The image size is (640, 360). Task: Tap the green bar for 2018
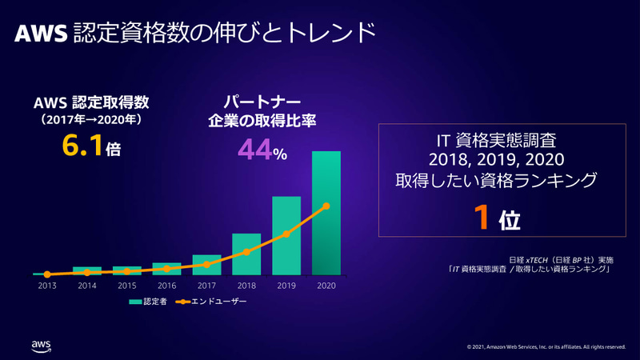(246, 254)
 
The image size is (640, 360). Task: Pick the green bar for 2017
(206, 265)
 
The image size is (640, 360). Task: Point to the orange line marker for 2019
(286, 234)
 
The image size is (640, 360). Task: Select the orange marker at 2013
(47, 274)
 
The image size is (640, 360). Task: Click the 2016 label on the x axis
(166, 286)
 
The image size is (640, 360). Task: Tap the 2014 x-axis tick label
(86, 286)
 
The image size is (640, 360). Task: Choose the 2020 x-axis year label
(326, 286)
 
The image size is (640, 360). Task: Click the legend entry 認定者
(149, 302)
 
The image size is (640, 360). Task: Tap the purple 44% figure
(254, 150)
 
